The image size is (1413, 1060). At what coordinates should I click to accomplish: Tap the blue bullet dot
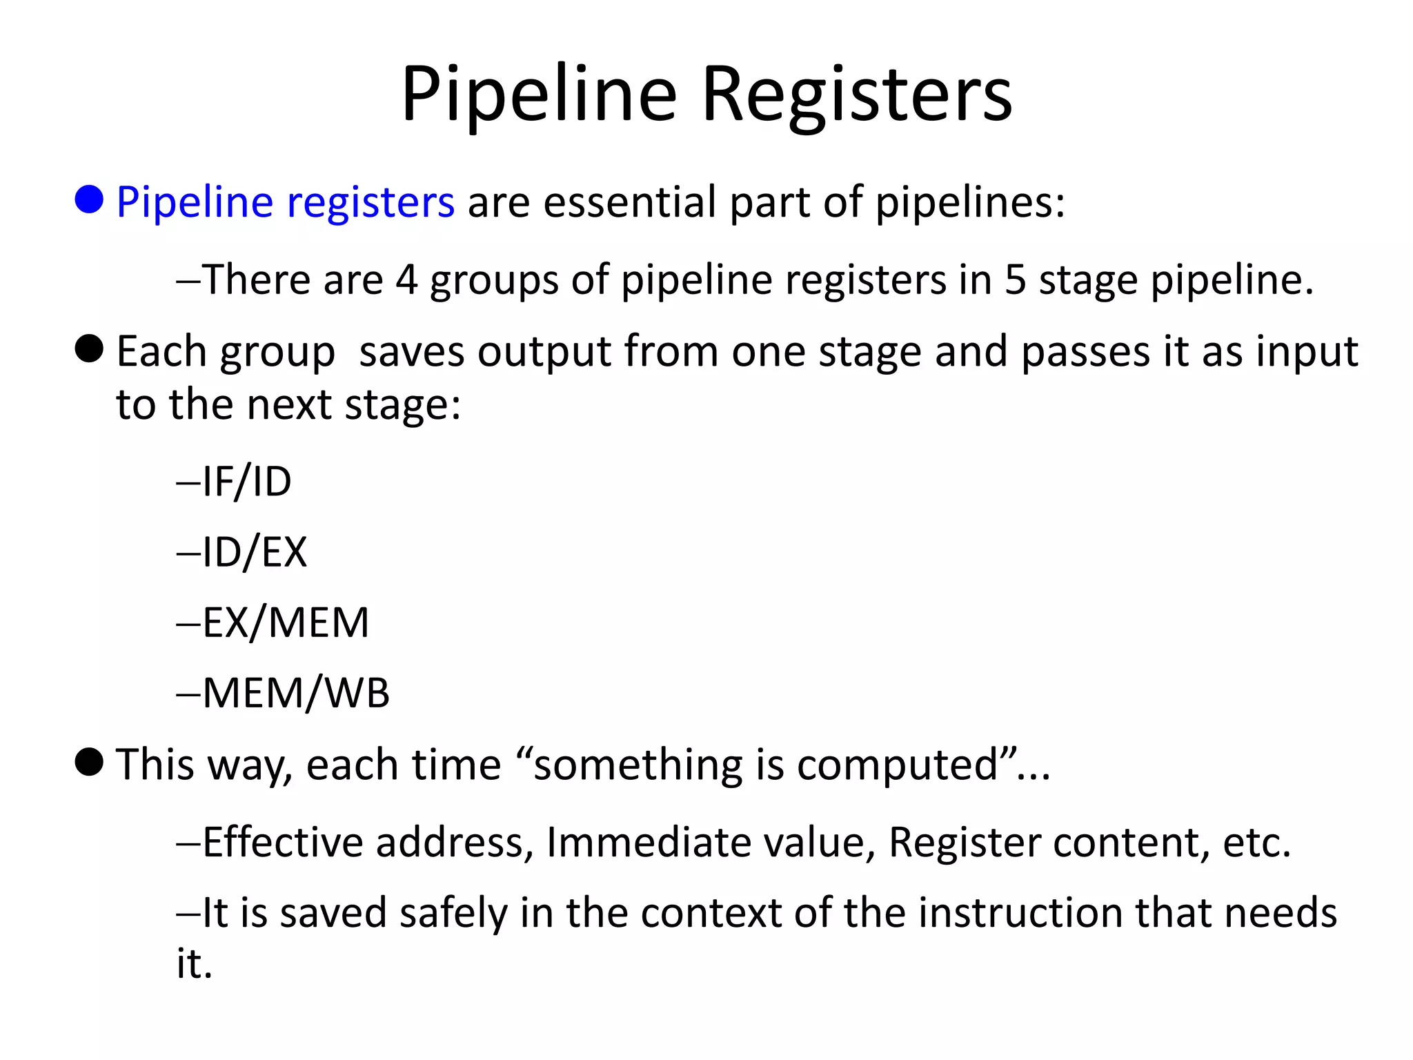(89, 199)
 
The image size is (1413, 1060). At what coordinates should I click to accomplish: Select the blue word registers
(370, 203)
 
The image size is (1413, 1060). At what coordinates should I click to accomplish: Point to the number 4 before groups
(406, 280)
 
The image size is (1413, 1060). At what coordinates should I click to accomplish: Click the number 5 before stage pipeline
(1015, 280)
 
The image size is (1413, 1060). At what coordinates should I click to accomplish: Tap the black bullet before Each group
(89, 349)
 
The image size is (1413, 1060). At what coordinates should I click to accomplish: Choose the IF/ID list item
(246, 482)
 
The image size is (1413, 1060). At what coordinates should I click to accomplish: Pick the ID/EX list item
(254, 552)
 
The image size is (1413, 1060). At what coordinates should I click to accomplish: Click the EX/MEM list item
(285, 622)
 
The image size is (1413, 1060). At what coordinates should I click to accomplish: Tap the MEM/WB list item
(295, 693)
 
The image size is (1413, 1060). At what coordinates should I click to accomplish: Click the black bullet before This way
(89, 762)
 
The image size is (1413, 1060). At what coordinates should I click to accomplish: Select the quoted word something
(638, 766)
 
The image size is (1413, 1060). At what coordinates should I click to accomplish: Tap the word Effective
(282, 843)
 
